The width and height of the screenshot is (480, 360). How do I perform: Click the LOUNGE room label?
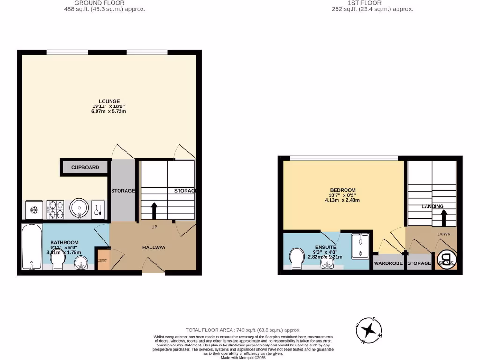pyautogui.click(x=109, y=101)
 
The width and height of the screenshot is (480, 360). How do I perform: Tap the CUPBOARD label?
pyautogui.click(x=85, y=167)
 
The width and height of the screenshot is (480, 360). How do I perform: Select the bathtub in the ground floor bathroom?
pyautogui.click(x=31, y=247)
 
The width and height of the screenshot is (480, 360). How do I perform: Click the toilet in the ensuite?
pyautogui.click(x=297, y=258)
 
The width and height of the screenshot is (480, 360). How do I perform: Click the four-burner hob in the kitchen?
pyautogui.click(x=57, y=209)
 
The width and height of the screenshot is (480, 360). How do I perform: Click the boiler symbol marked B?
pyautogui.click(x=447, y=259)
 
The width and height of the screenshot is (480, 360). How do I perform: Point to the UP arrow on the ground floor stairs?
pyautogui.click(x=154, y=211)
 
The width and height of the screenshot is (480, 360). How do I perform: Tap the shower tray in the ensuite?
pyautogui.click(x=361, y=246)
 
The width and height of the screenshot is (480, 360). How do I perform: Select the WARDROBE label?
pyautogui.click(x=388, y=263)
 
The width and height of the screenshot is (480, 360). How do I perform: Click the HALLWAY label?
pyautogui.click(x=154, y=247)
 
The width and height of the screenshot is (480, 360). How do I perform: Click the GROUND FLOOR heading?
pyautogui.click(x=99, y=3)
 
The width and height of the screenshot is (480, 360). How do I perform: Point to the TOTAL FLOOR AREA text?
pyautogui.click(x=243, y=330)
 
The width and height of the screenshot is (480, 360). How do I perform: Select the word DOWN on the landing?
pyautogui.click(x=444, y=233)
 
